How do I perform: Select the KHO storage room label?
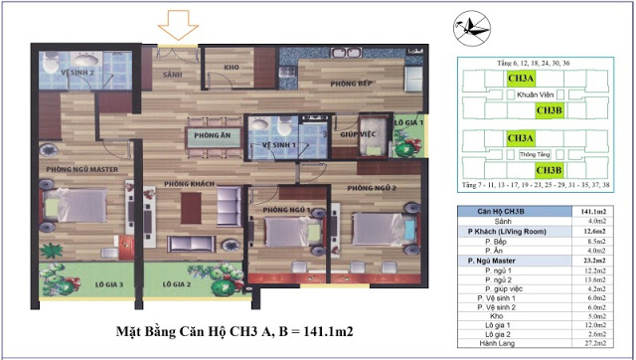click(235, 69)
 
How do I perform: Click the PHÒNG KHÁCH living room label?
click(192, 185)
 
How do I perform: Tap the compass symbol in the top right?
click(475, 28)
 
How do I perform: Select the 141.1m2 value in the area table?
click(605, 213)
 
